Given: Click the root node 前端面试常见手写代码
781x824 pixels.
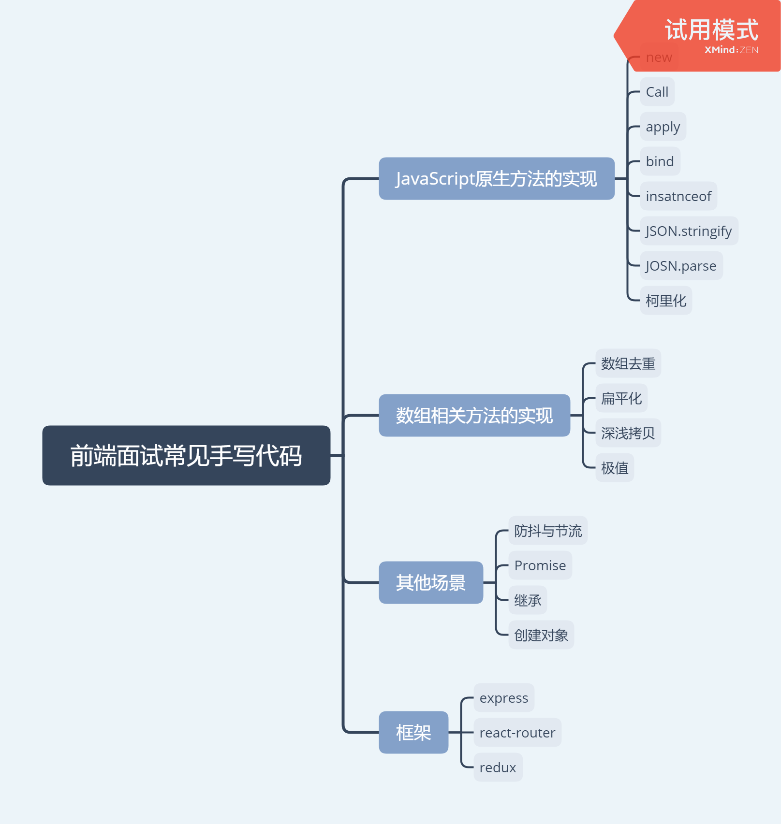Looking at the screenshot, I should tap(186, 455).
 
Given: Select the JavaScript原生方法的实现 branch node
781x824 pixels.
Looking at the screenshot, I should tap(496, 178).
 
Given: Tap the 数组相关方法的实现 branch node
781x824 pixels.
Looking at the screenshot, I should tap(474, 415).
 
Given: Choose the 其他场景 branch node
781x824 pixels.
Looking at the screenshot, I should tap(430, 582).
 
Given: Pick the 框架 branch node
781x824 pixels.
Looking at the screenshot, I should tap(413, 732).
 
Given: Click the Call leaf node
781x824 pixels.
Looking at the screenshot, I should tap(657, 92).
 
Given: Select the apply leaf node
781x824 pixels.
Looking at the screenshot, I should tap(663, 127).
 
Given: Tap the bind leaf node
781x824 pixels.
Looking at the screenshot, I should tap(660, 161).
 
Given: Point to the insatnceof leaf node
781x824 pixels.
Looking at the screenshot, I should tap(678, 196).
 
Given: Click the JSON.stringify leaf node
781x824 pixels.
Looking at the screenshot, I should tap(689, 231).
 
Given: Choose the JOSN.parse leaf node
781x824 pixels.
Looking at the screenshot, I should tap(681, 266).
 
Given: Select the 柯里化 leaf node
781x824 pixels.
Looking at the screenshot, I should tap(666, 301).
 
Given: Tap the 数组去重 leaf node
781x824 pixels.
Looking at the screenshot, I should tap(628, 363).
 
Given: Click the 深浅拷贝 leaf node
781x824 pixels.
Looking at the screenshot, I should tap(628, 433).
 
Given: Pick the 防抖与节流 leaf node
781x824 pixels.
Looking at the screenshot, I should tap(548, 531).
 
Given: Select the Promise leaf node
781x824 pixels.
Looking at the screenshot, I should tap(540, 565).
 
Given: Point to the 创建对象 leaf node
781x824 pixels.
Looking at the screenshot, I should tap(541, 635).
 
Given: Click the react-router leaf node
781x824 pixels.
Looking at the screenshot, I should tap(517, 733).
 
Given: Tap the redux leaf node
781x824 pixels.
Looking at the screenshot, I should tap(498, 767).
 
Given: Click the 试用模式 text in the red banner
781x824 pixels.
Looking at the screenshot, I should tap(711, 30).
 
